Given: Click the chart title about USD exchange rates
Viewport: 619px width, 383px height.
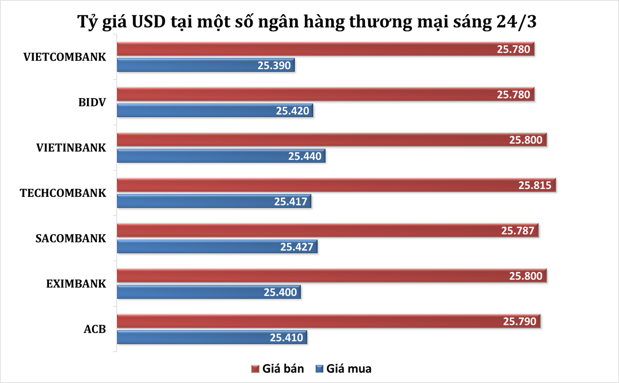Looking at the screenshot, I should (x=309, y=22).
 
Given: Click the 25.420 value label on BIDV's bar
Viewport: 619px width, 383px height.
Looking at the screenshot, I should (x=294, y=111).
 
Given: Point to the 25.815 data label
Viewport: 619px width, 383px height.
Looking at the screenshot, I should (x=536, y=186).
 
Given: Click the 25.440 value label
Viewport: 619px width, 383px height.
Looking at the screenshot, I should (x=306, y=156).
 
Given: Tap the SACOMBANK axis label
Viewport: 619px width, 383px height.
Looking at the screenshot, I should (x=71, y=239).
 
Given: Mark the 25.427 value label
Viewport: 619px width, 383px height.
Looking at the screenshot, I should (x=297, y=246).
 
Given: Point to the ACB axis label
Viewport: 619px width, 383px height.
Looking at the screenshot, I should (x=95, y=329).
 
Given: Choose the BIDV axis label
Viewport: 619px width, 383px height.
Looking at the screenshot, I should (x=92, y=102).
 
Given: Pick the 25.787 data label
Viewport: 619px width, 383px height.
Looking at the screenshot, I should (x=518, y=231).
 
